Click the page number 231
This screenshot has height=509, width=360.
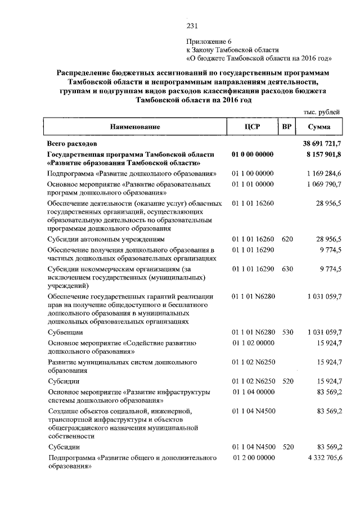click(x=192, y=25)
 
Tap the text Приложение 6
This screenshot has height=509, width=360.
click(x=209, y=41)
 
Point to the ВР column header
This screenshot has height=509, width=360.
click(x=287, y=127)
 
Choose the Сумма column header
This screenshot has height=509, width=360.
click(x=319, y=127)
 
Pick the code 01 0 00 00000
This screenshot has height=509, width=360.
click(x=253, y=154)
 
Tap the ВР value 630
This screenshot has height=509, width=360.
click(x=287, y=269)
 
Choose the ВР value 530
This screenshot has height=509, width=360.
click(x=287, y=332)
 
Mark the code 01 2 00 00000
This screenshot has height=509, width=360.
click(x=253, y=458)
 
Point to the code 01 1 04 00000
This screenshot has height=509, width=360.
click(x=253, y=391)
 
